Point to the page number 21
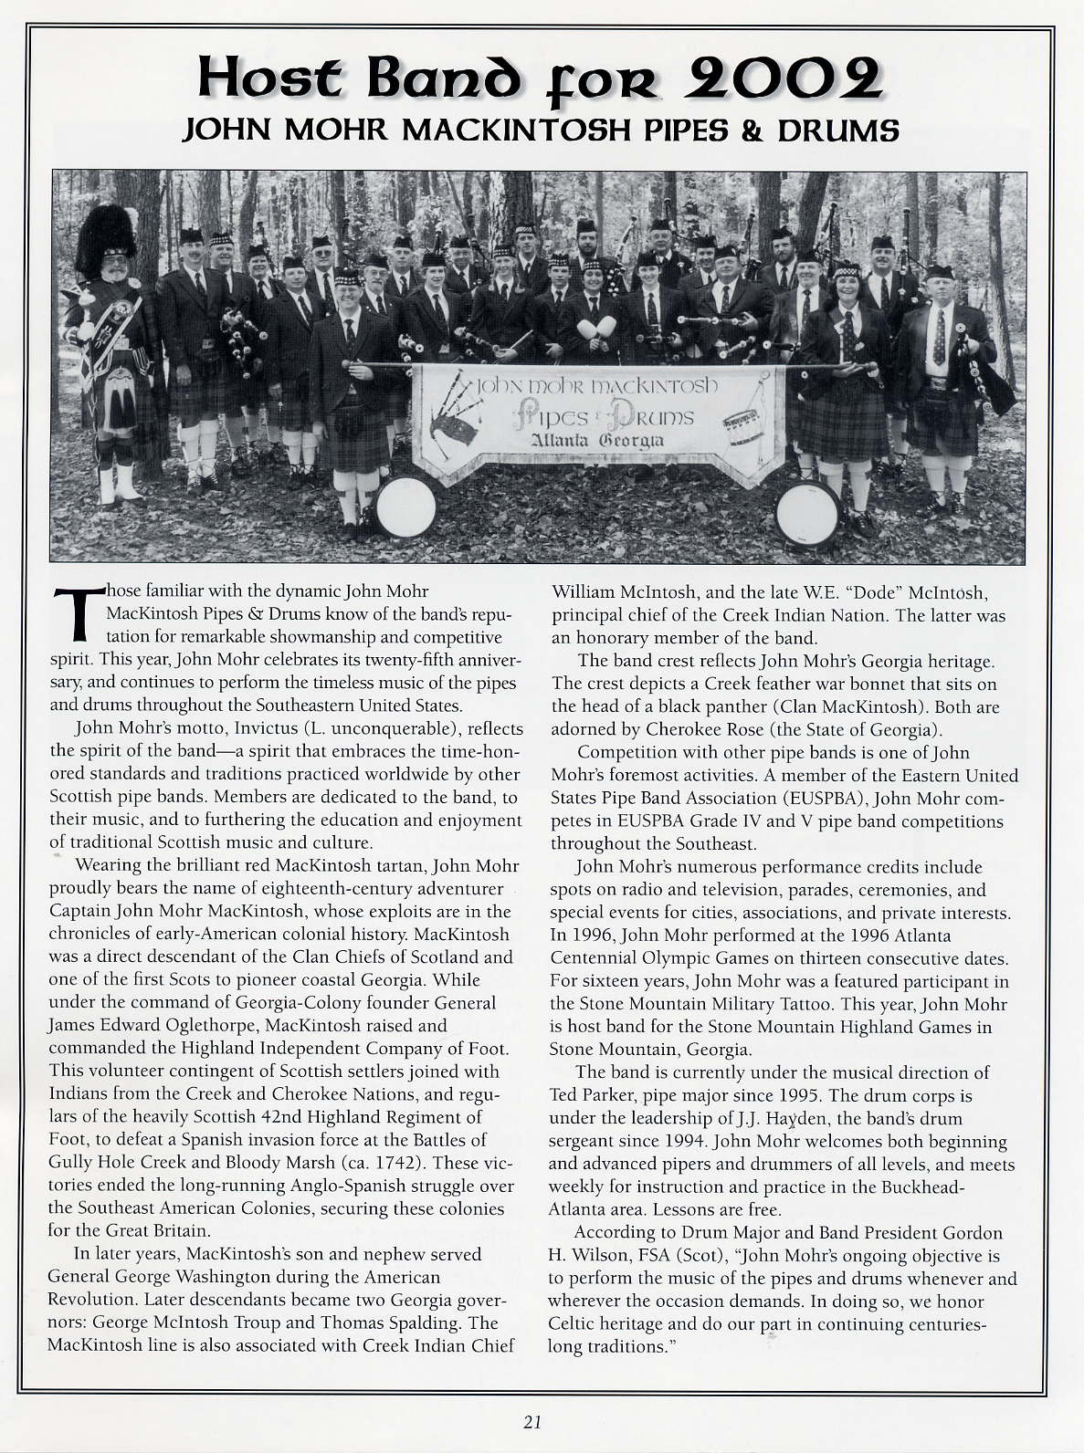click(533, 1421)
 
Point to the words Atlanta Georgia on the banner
click(598, 442)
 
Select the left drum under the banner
click(405, 507)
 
